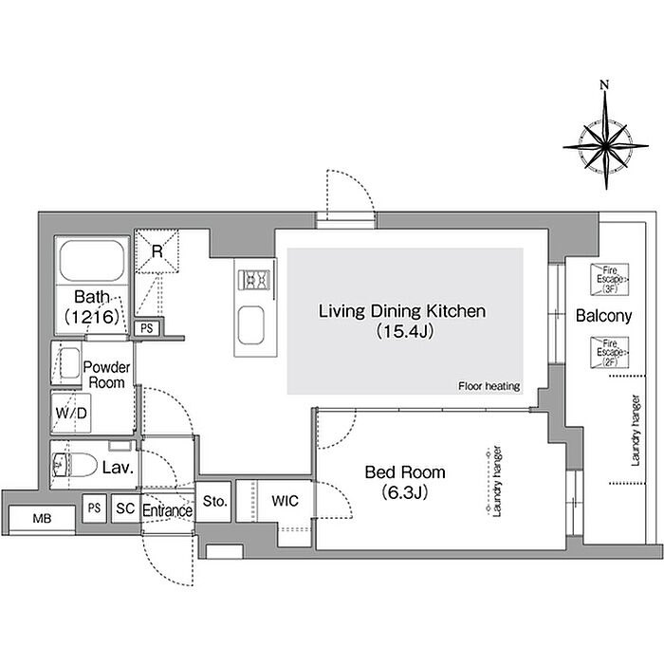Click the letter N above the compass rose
point(604,84)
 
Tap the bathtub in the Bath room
point(92,260)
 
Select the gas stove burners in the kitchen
point(253,280)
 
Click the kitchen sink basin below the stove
point(250,325)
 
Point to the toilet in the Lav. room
point(74,465)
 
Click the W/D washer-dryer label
point(71,413)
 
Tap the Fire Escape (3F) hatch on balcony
point(609,279)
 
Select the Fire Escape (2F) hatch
point(609,352)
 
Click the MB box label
point(42,518)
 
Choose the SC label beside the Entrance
point(125,508)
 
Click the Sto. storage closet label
point(215,501)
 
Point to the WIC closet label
point(285,501)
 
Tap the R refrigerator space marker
point(157,252)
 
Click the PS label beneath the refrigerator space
point(147,328)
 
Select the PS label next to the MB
point(94,508)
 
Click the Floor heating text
point(489,386)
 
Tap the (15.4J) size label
point(405,331)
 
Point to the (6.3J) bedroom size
point(404,492)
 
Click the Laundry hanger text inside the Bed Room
point(497,481)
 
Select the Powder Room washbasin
point(69,362)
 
